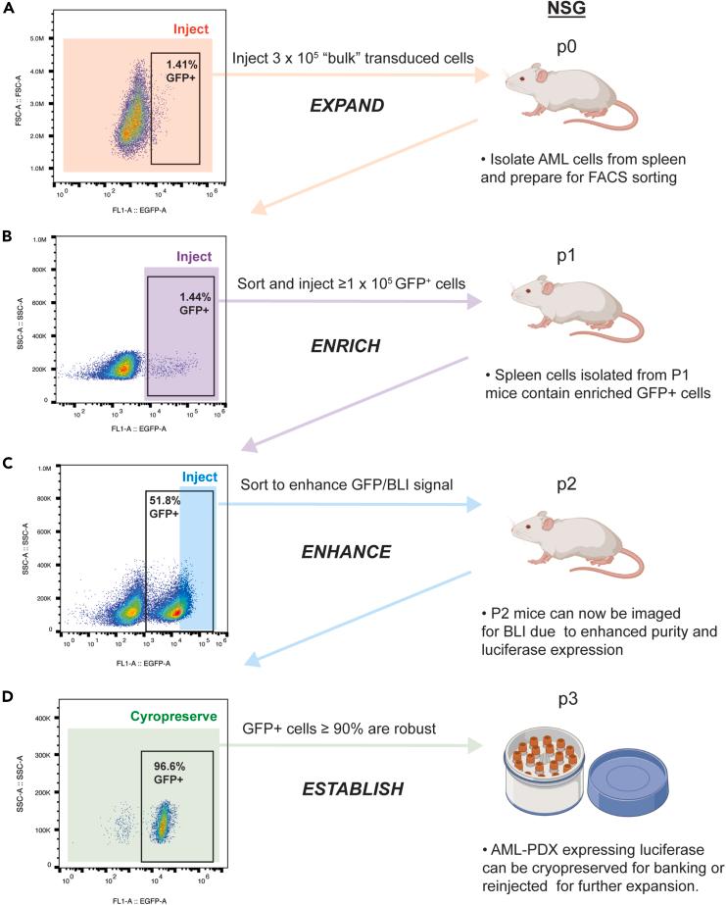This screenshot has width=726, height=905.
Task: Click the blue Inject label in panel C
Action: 194,478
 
